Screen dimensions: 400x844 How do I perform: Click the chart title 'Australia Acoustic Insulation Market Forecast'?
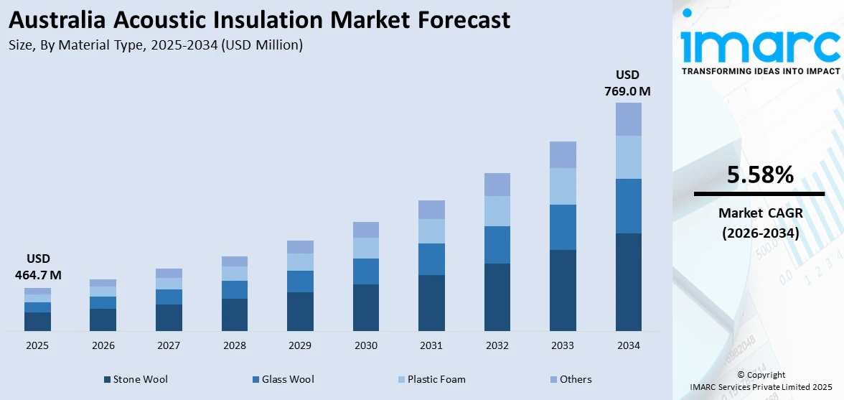tap(260, 19)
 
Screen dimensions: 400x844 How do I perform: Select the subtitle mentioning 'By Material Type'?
tap(156, 45)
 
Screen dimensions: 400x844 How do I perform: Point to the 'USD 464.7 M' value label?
tap(37, 266)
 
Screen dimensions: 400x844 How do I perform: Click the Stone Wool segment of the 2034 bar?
tap(628, 282)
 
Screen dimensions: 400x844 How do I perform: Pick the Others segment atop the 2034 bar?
tap(628, 119)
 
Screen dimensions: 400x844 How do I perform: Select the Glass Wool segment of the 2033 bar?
tap(563, 227)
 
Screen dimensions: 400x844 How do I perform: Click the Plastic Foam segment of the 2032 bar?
tap(497, 211)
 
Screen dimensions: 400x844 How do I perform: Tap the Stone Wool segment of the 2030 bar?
tap(365, 307)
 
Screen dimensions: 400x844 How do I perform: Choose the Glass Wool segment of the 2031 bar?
tap(431, 259)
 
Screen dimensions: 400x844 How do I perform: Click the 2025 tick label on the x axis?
tap(37, 345)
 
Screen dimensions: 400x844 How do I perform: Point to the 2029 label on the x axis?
tap(300, 345)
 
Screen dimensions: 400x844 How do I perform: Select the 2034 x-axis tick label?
tap(628, 345)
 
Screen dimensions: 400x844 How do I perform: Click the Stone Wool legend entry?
tap(136, 379)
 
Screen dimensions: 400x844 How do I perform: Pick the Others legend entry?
tap(571, 379)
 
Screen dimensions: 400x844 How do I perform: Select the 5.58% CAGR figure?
tap(760, 175)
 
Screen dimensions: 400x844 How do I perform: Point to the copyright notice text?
tap(760, 381)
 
